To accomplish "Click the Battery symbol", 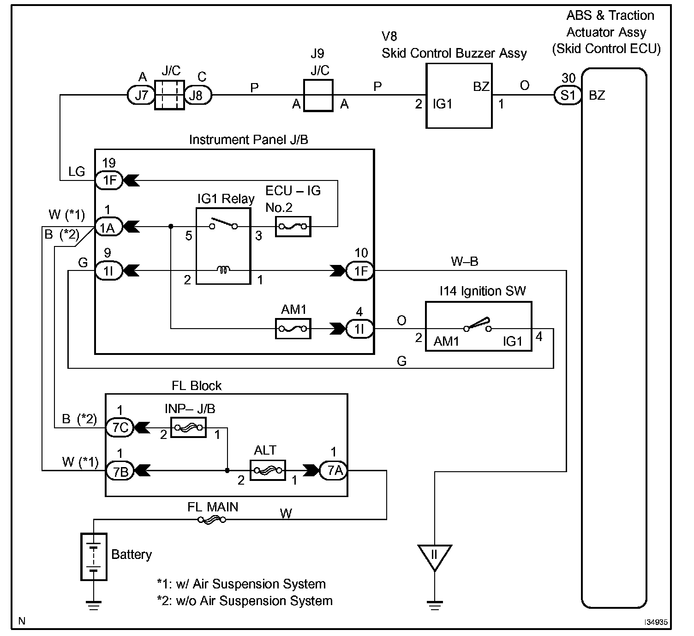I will (94, 557).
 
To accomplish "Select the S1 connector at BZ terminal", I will (568, 96).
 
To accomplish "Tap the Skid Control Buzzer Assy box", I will (459, 96).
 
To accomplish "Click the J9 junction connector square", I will (318, 96).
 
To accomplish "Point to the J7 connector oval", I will (141, 96).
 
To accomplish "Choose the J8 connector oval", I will (197, 96).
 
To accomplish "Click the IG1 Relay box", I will (224, 246).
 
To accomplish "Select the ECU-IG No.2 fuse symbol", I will (293, 227).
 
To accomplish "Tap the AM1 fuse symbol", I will (293, 329).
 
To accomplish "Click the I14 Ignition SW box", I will (478, 326).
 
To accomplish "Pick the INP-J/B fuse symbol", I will (188, 427).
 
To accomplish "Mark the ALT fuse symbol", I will (268, 470).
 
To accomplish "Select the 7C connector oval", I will (120, 427).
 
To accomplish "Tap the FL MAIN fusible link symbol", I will (212, 520).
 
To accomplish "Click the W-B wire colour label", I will (464, 262).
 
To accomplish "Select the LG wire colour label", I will (77, 172).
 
